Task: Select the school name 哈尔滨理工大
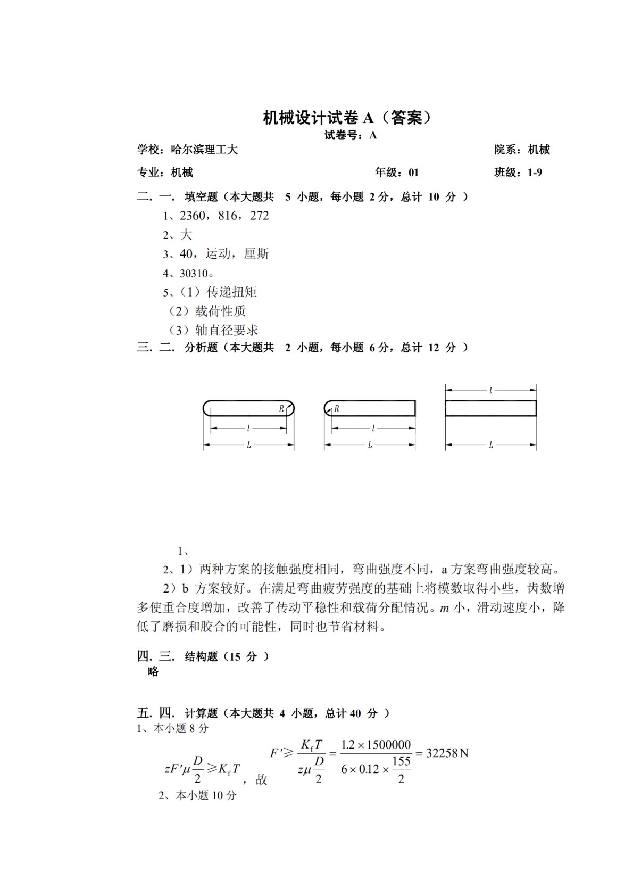click(x=204, y=150)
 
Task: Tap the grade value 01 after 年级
click(x=413, y=172)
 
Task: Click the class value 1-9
click(x=535, y=172)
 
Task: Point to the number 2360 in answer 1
click(x=193, y=216)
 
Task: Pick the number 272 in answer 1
click(x=260, y=216)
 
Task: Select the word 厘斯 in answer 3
click(x=256, y=254)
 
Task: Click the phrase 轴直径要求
click(x=227, y=330)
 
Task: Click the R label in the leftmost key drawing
click(x=281, y=409)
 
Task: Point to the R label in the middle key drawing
click(x=337, y=409)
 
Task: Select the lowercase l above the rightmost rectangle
click(x=490, y=390)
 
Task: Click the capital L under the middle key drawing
click(x=370, y=445)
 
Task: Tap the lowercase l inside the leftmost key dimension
click(x=248, y=428)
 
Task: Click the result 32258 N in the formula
click(x=447, y=753)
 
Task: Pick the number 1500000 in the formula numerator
click(x=390, y=744)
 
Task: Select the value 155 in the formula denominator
click(x=401, y=761)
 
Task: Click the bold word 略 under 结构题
click(x=153, y=672)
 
